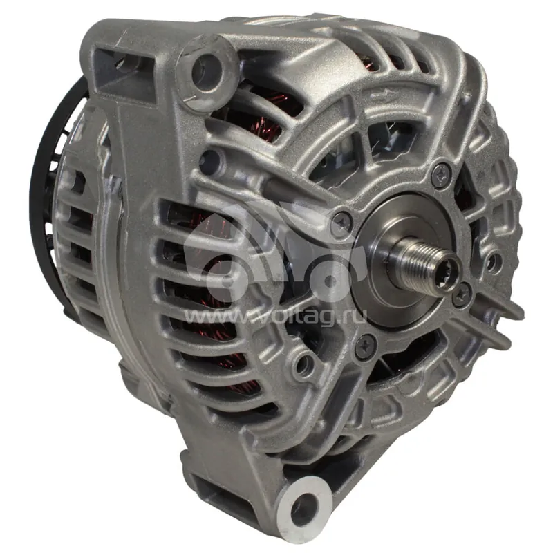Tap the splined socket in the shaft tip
pos(448,267)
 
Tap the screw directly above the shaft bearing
pos(442,175)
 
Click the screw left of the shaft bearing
pos(342,222)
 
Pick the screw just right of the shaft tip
pos(462,294)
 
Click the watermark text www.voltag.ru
pos(275,315)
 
